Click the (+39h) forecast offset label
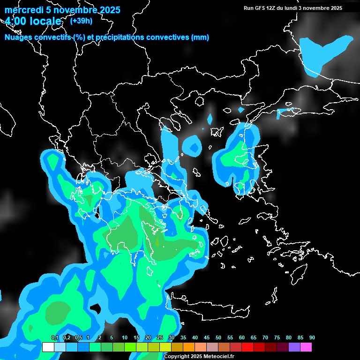click(x=81, y=21)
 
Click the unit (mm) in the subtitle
click(x=200, y=37)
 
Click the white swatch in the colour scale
click(x=48, y=347)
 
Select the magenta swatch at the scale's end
click(x=306, y=347)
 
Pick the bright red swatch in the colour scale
click(x=247, y=347)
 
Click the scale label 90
click(x=312, y=338)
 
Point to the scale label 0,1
click(x=54, y=338)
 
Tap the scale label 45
click(x=207, y=338)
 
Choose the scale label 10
click(x=125, y=338)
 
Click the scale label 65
click(x=254, y=338)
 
